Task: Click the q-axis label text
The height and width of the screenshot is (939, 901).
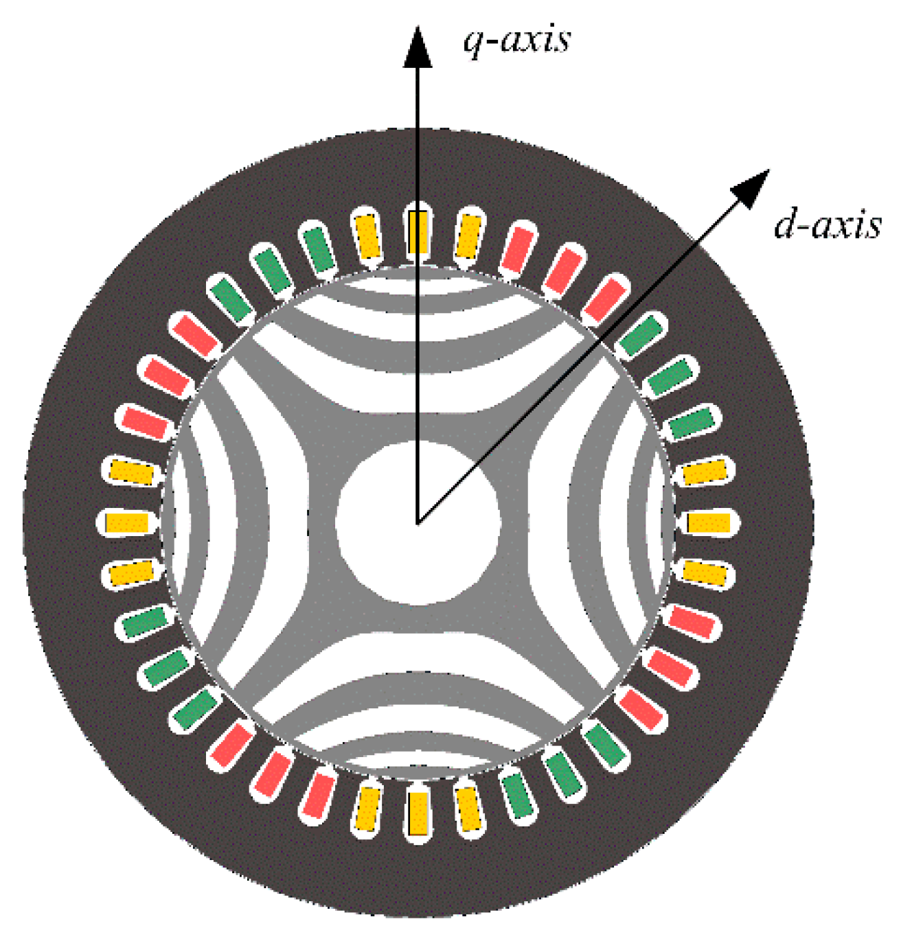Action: point(516,40)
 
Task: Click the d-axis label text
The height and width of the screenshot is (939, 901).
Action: point(827,225)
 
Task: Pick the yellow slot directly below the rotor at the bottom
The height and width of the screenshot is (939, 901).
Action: point(418,813)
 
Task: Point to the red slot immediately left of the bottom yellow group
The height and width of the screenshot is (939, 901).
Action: point(317,795)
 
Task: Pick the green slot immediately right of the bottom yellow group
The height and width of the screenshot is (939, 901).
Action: point(518,795)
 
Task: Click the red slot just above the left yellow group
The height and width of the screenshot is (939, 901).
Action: point(145,422)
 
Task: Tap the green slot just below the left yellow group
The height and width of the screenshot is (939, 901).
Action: point(145,621)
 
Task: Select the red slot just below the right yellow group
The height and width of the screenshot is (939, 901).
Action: point(692,621)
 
